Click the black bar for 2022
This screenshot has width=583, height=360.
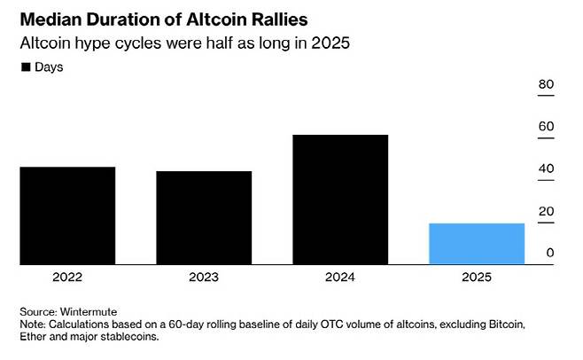pos(67,215)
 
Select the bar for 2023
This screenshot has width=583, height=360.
pos(204,217)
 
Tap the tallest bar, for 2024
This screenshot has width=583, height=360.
pos(340,200)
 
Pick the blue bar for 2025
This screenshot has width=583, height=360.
pos(477,244)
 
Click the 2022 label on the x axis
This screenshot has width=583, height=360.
pos(67,278)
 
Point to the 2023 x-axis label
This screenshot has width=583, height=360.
pos(204,278)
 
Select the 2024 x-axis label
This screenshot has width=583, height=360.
pos(340,278)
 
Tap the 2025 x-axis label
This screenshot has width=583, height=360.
pos(477,278)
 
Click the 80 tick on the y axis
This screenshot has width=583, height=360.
pos(546,84)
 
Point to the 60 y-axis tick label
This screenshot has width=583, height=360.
pos(546,126)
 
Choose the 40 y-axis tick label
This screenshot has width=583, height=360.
pos(546,168)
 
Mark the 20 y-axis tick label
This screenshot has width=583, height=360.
pos(546,211)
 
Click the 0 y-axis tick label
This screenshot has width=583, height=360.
pos(549,253)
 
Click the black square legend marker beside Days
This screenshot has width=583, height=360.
pos(27,67)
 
